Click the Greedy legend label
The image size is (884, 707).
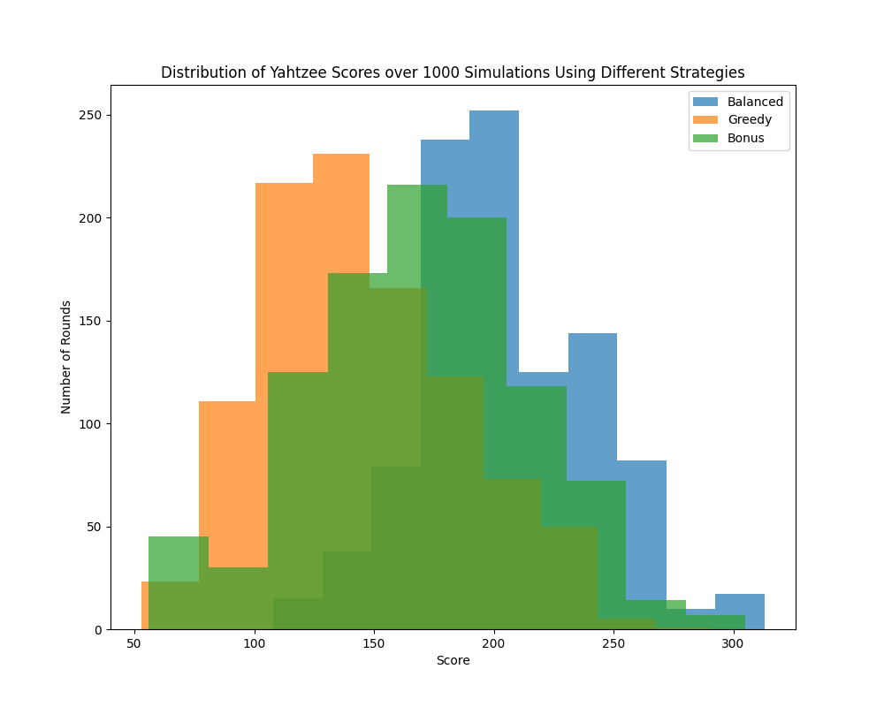(750, 120)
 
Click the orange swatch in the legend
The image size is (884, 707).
(705, 120)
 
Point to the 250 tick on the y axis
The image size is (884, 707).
(94, 115)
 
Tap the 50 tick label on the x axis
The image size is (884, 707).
(134, 644)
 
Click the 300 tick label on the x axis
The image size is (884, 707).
(733, 644)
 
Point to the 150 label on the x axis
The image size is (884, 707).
(374, 644)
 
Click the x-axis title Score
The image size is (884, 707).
(453, 661)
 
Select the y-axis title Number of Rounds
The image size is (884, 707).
(66, 357)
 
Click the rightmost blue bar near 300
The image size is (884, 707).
(740, 610)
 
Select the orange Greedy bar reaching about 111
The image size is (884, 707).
(227, 477)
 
